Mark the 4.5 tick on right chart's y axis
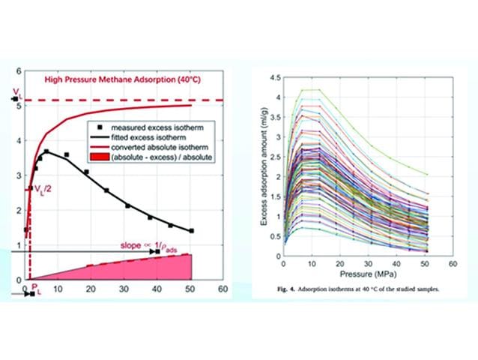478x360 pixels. [x=274, y=77]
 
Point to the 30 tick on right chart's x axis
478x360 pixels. [x=367, y=266]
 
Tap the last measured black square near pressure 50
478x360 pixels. [x=190, y=231]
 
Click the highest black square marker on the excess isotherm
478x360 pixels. [x=46, y=151]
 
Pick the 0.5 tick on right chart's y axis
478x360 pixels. [x=274, y=237]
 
